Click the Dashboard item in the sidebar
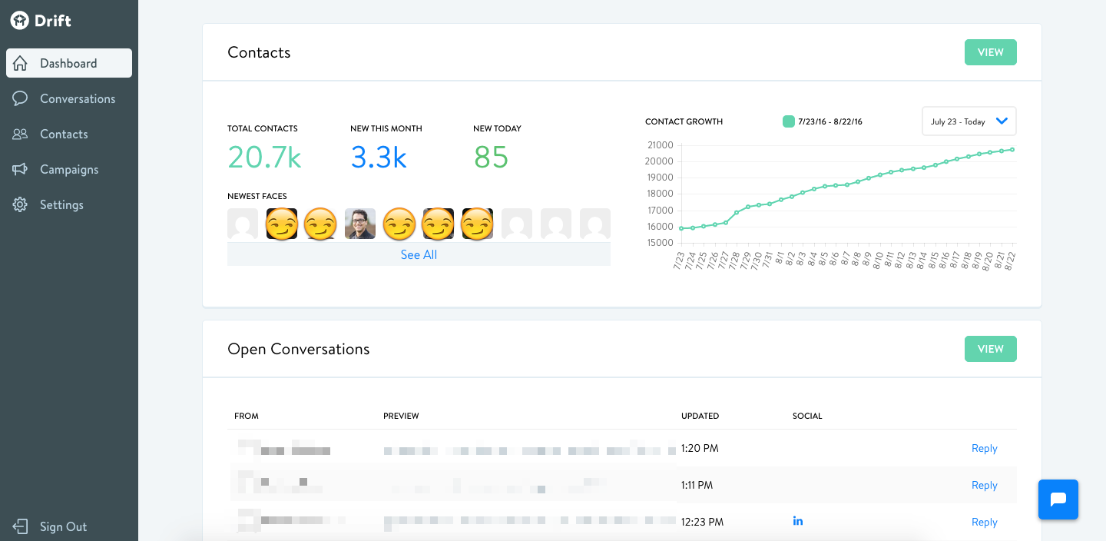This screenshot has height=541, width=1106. (x=68, y=63)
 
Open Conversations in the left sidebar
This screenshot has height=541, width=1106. (x=77, y=98)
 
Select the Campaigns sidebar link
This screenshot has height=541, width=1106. (x=68, y=169)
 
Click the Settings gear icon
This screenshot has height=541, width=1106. (x=20, y=205)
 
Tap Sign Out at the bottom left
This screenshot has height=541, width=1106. (x=62, y=526)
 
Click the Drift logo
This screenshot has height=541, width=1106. (x=41, y=21)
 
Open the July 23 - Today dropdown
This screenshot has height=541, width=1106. (x=969, y=121)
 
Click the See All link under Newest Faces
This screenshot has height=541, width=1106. (x=419, y=254)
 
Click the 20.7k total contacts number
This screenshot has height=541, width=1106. (x=264, y=158)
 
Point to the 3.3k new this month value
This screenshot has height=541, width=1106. (x=379, y=158)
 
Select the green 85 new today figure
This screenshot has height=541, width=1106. (x=491, y=158)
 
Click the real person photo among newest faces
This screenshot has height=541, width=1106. (x=360, y=224)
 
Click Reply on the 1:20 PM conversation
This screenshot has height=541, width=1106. (x=984, y=448)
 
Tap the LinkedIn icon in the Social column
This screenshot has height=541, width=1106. (x=798, y=521)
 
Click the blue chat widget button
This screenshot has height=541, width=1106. (x=1058, y=500)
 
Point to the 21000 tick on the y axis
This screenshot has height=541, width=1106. (x=661, y=145)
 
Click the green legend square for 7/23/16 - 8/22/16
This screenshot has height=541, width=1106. (x=788, y=121)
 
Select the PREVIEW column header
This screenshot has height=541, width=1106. (x=401, y=416)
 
